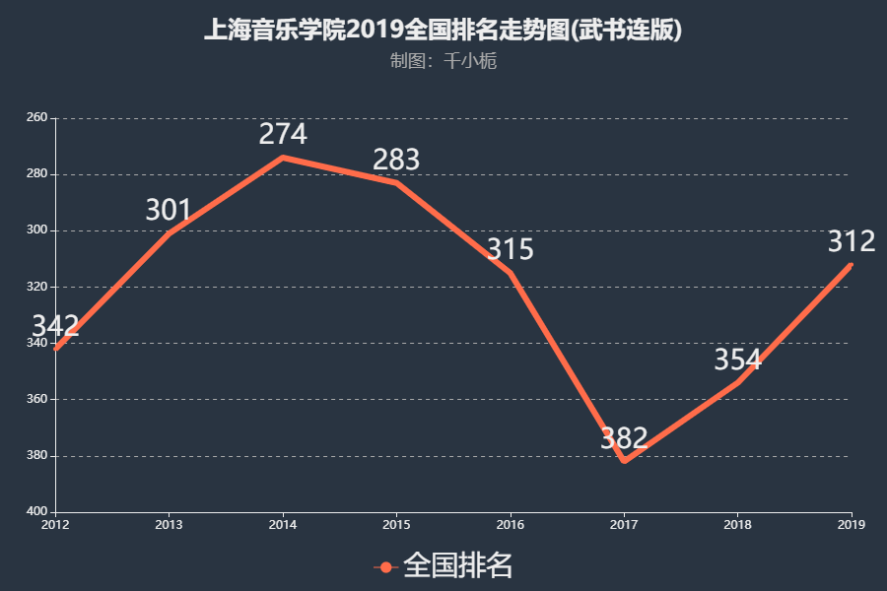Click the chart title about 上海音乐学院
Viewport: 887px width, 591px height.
click(443, 31)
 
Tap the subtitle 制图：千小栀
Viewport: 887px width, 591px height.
click(443, 61)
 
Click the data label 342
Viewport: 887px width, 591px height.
click(55, 327)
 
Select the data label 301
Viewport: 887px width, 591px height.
click(169, 210)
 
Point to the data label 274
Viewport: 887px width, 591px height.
click(283, 134)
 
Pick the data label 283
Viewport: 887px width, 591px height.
click(396, 160)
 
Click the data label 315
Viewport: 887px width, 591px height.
click(510, 249)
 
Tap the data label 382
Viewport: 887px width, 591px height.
click(624, 438)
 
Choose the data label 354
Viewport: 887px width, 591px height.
click(737, 360)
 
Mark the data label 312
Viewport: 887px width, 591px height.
click(851, 241)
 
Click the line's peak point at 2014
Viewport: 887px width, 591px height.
click(283, 158)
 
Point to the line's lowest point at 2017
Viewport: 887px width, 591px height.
click(624, 461)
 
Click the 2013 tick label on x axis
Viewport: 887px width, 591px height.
click(169, 524)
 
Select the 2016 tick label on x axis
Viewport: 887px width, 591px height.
click(510, 524)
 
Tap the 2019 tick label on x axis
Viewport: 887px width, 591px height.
click(851, 524)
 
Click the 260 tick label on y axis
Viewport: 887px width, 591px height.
click(36, 118)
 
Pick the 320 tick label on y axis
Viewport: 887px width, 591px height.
click(36, 287)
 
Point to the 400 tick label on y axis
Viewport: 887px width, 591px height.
click(36, 512)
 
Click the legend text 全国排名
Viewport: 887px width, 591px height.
click(458, 565)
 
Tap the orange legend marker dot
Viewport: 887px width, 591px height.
click(385, 566)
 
